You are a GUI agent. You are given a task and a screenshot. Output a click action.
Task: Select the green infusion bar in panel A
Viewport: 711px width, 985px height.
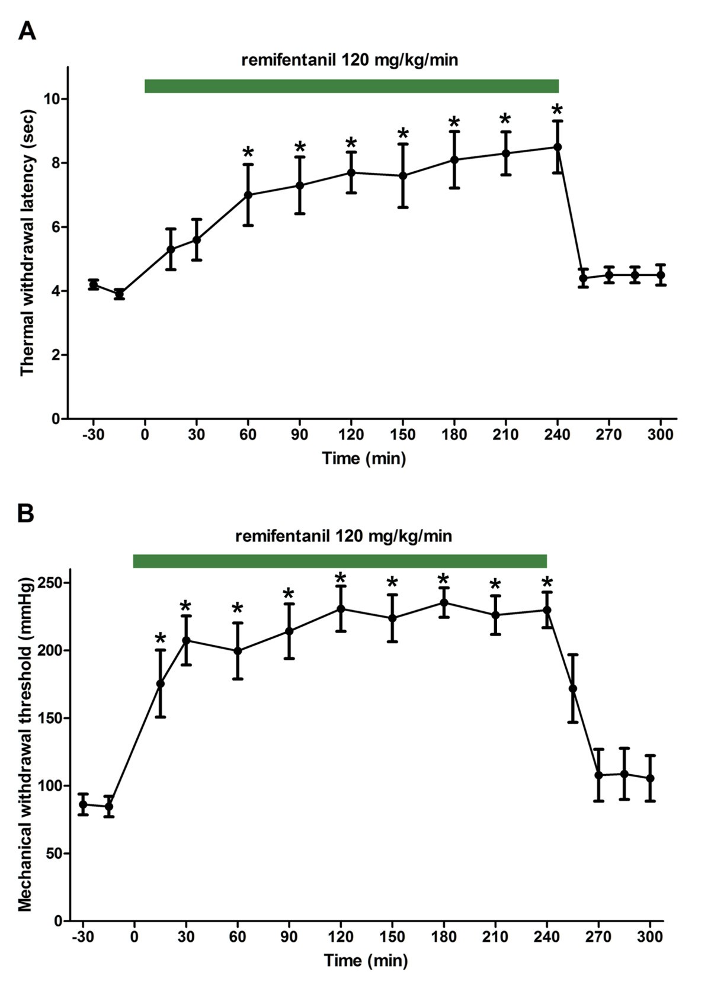tap(351, 86)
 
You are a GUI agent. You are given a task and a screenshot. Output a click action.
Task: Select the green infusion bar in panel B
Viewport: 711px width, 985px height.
tap(340, 561)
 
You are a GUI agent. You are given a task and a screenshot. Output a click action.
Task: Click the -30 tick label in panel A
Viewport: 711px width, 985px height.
tap(92, 435)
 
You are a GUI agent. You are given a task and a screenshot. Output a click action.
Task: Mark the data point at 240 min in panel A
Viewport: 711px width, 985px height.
tap(558, 147)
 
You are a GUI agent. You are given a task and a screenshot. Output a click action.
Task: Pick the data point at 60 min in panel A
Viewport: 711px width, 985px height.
tap(248, 194)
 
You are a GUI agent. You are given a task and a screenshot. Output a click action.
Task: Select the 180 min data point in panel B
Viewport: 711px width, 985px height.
tap(444, 602)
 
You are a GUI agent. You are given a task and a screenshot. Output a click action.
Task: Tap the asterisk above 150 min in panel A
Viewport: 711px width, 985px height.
tap(403, 133)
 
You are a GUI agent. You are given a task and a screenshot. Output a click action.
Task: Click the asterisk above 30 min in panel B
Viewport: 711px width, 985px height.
tap(185, 607)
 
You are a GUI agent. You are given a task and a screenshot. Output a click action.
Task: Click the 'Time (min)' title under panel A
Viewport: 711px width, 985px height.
tap(364, 458)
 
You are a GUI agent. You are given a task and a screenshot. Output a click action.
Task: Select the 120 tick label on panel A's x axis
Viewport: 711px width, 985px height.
tap(351, 435)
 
